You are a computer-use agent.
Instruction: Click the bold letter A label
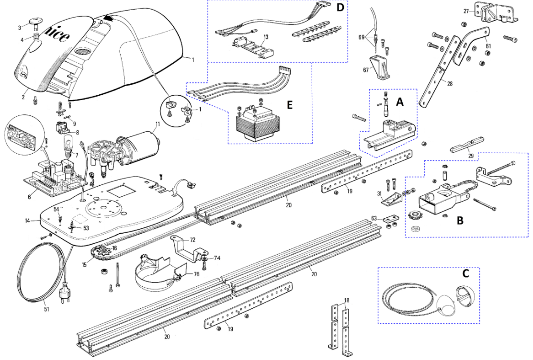(x=400, y=101)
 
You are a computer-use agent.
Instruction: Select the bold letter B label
(x=460, y=221)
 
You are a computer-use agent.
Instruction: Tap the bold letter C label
(x=465, y=273)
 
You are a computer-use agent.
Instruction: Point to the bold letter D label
(x=340, y=8)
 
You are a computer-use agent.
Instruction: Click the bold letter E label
(x=290, y=104)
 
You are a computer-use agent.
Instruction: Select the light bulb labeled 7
(x=68, y=145)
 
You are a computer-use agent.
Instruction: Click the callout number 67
(x=366, y=70)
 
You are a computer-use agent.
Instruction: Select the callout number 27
(x=466, y=11)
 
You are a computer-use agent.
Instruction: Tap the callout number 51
(x=46, y=309)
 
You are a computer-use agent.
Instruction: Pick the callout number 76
(x=196, y=274)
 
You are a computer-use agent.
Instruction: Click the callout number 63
(x=374, y=218)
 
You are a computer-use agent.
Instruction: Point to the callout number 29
(x=471, y=156)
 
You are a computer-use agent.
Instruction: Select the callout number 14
(x=27, y=221)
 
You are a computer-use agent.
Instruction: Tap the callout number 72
(x=193, y=240)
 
